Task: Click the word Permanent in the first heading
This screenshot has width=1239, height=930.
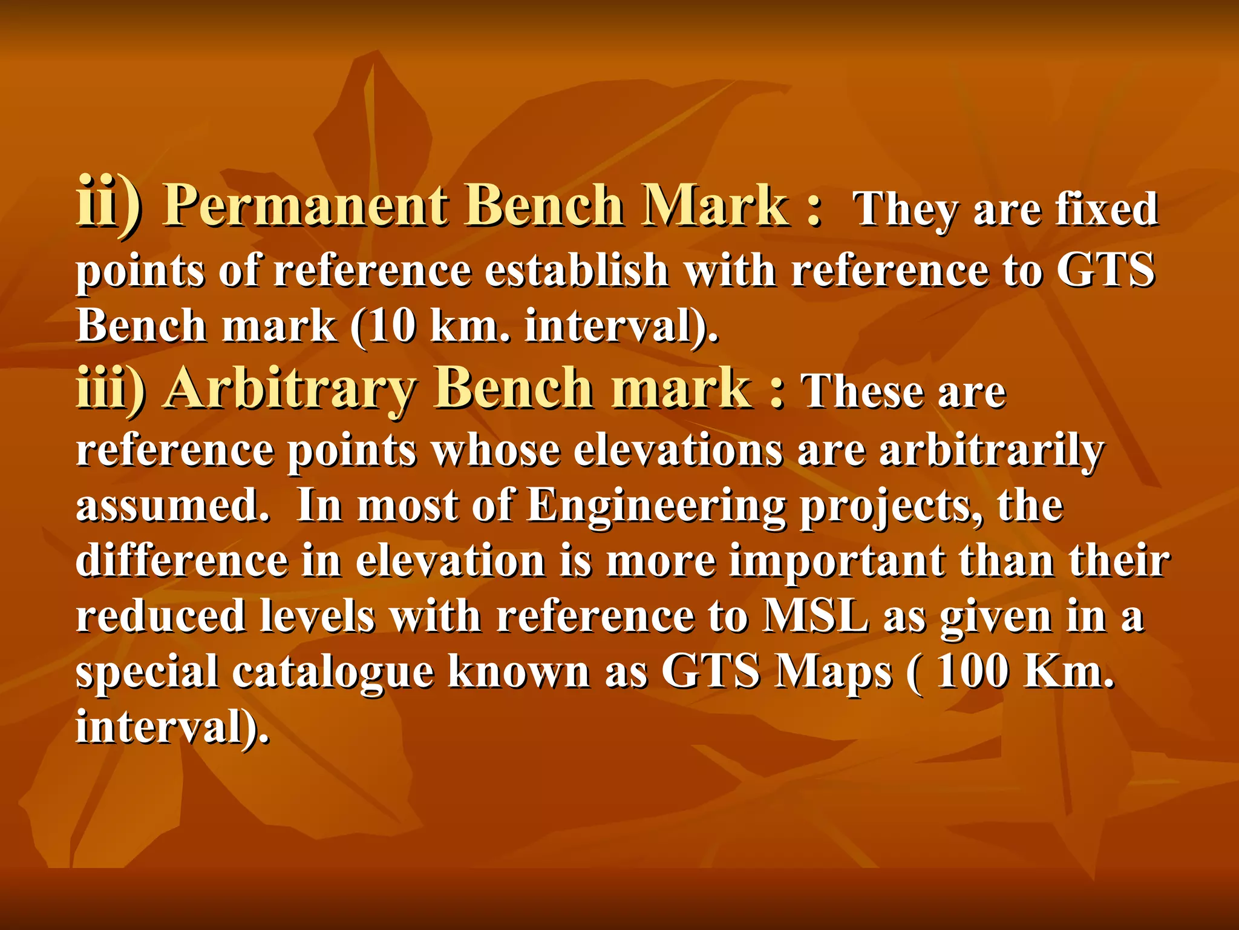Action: pyautogui.click(x=306, y=206)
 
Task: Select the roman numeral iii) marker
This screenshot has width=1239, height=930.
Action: pyautogui.click(x=111, y=389)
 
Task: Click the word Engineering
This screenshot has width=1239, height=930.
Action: pyautogui.click(x=656, y=506)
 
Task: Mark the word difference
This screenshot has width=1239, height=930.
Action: pyautogui.click(x=181, y=560)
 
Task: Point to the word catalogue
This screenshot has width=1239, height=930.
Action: pyautogui.click(x=333, y=672)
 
